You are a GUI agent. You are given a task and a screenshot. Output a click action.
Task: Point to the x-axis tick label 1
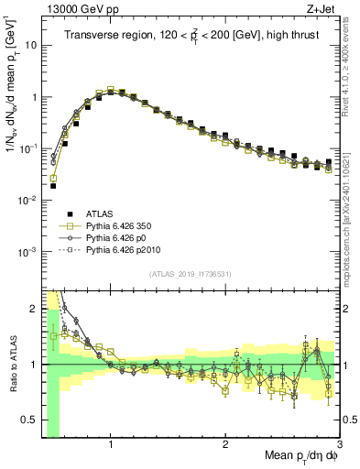pyautogui.click(x=111, y=445)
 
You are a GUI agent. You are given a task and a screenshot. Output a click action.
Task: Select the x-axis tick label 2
pyautogui.click(x=225, y=445)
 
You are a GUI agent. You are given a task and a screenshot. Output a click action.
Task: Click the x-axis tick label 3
pyautogui.click(x=338, y=445)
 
